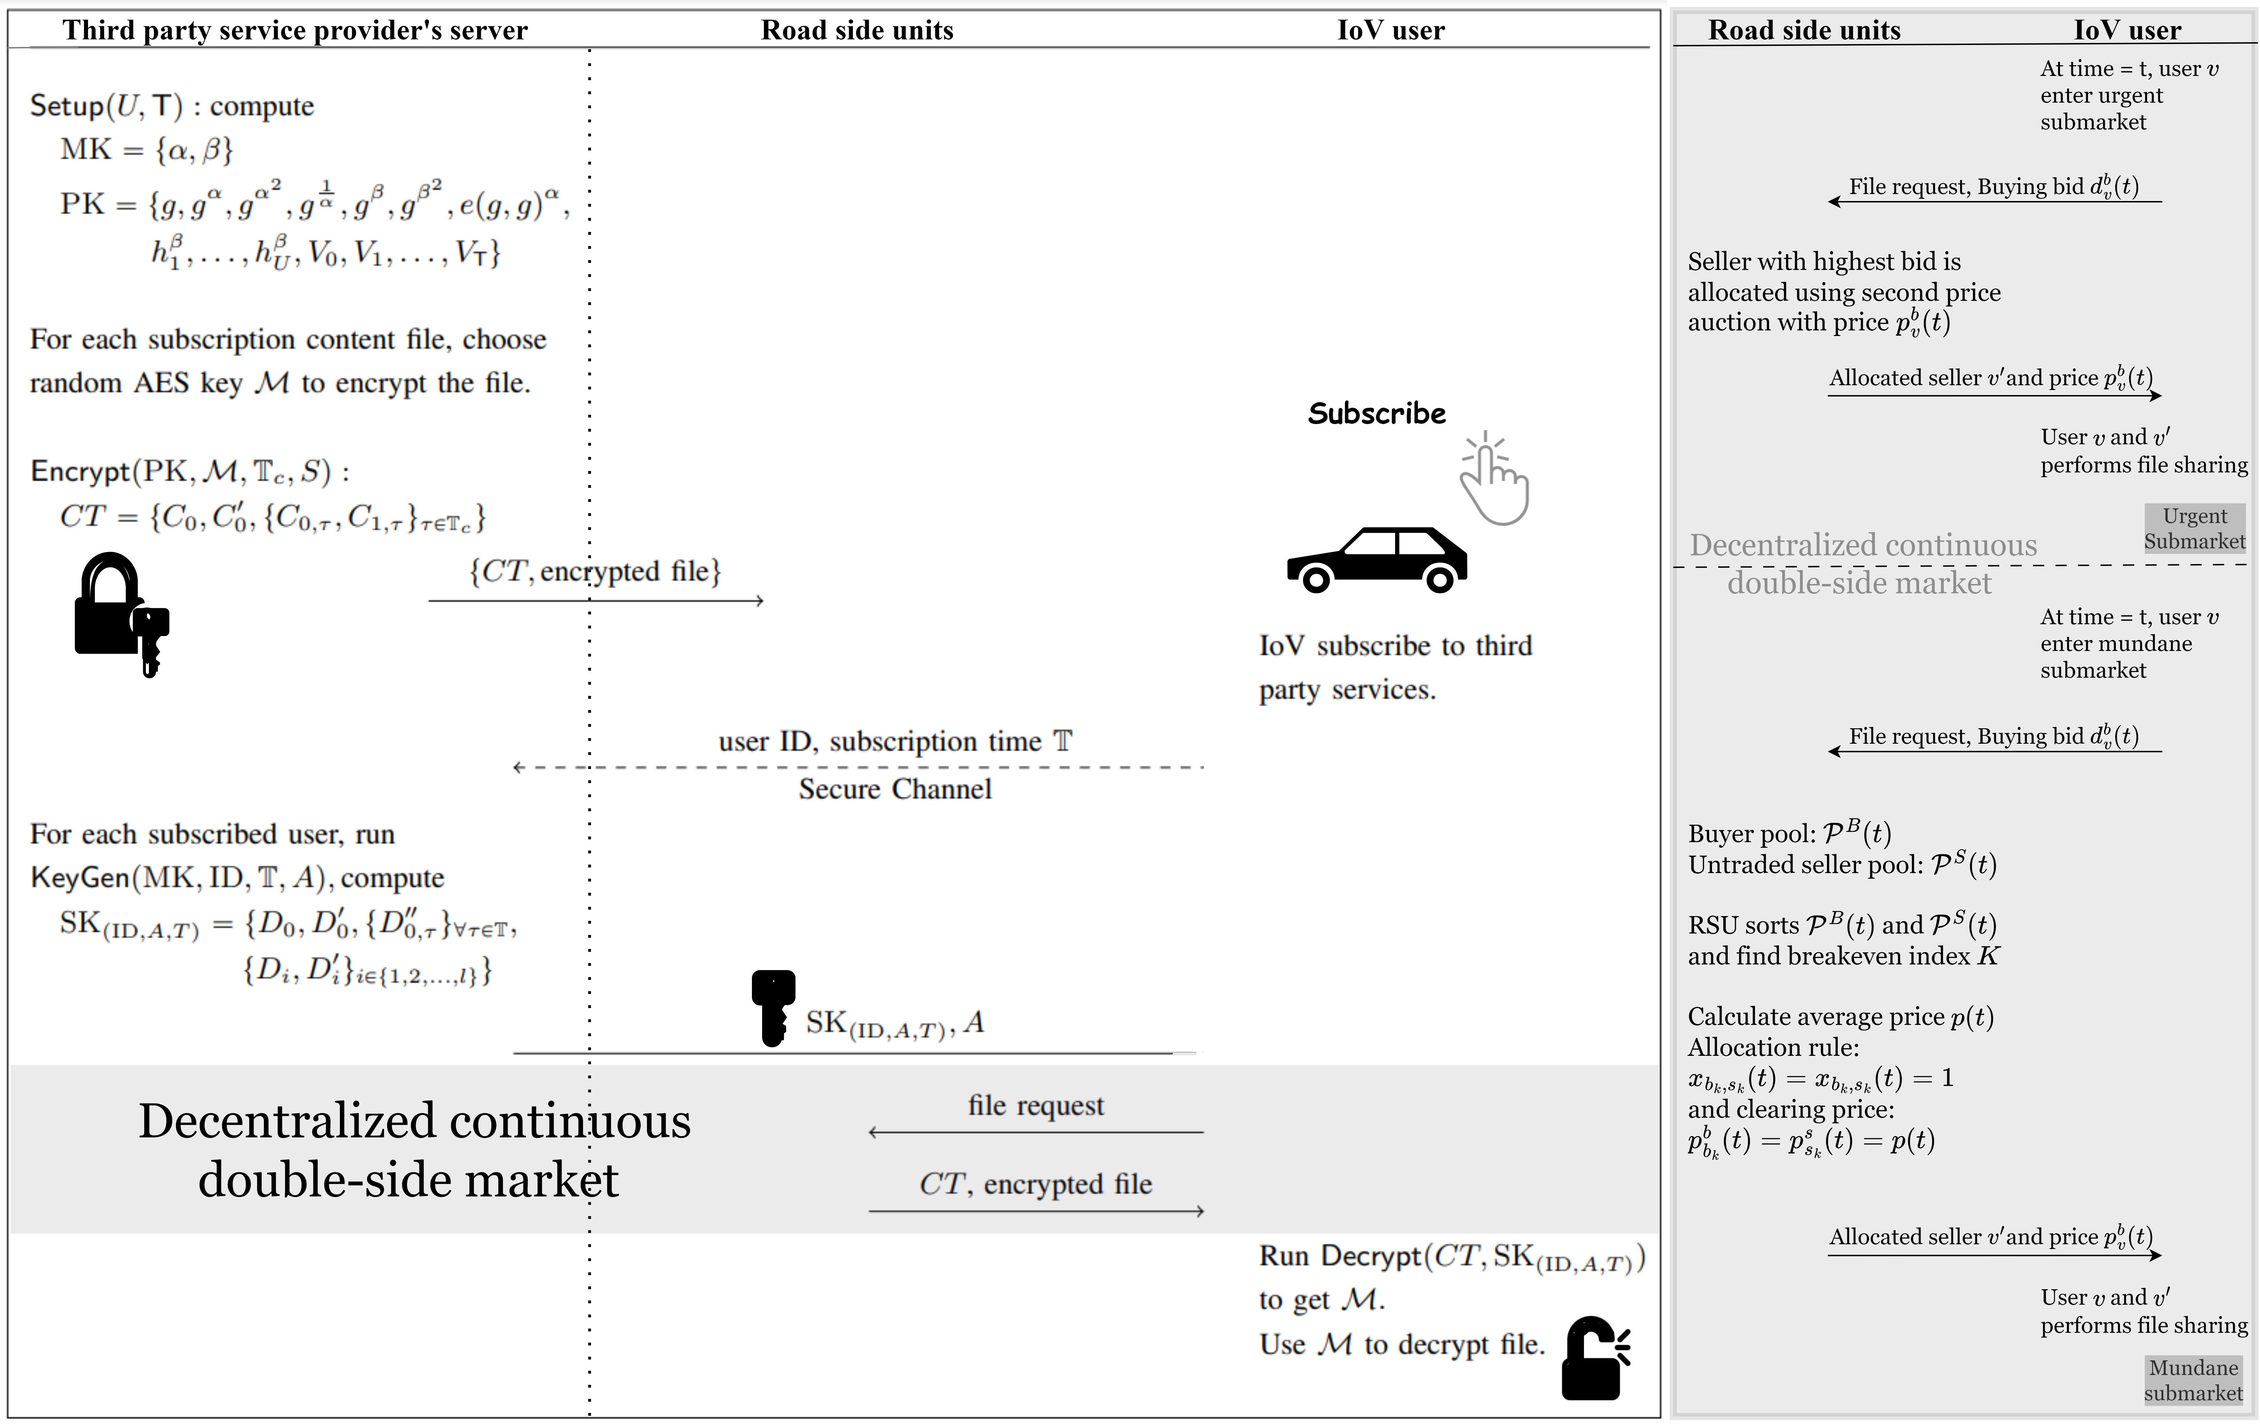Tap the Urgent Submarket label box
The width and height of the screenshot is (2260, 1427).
point(2194,529)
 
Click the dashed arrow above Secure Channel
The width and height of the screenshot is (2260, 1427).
point(858,767)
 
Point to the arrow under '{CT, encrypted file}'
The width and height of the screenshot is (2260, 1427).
point(596,600)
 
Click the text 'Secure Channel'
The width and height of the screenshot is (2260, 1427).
point(894,789)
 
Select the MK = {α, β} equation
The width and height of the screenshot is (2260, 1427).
point(146,149)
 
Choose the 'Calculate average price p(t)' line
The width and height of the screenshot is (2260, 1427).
point(1839,1017)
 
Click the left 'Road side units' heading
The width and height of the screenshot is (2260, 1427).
point(857,30)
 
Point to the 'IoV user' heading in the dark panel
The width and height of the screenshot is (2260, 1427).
point(2127,30)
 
